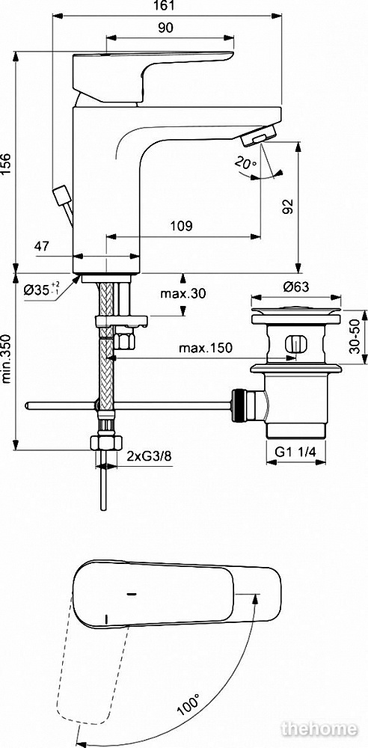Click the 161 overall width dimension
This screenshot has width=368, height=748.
coord(167,6)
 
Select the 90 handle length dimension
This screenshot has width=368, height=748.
coord(165,28)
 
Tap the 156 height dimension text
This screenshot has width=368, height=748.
coord(7,165)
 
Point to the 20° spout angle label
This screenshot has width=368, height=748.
coord(245,163)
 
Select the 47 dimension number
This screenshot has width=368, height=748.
coord(42,246)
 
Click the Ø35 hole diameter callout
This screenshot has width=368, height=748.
coord(42,289)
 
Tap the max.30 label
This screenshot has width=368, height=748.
coord(183,294)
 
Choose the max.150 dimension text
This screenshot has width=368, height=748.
coord(206,349)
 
